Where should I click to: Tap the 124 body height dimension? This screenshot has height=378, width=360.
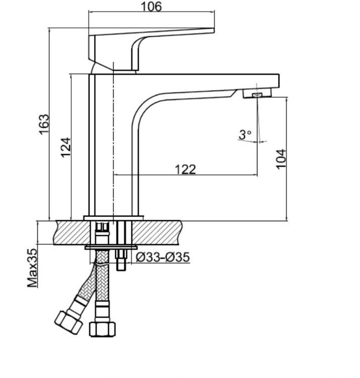click(x=66, y=148)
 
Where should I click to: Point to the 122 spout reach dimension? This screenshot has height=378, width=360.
click(x=185, y=169)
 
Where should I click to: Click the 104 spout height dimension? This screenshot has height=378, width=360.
click(x=281, y=159)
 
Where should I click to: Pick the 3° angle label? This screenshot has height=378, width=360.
click(x=245, y=134)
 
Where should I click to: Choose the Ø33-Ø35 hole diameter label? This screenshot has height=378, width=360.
click(x=163, y=257)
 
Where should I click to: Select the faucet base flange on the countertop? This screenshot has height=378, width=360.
click(x=114, y=218)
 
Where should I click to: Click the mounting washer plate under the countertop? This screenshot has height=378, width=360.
click(x=112, y=247)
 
